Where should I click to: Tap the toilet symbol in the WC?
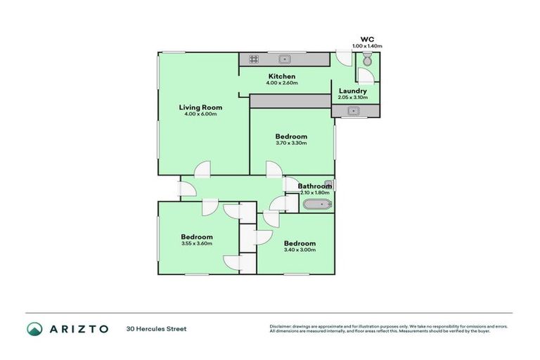tap(367, 62)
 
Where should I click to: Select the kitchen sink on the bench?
tap(285, 59)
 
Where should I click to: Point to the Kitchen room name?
tap(281, 76)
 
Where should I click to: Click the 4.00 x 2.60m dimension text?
tap(281, 83)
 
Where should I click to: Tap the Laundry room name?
tap(352, 91)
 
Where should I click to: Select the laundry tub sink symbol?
tap(354, 110)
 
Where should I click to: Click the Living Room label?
tap(200, 108)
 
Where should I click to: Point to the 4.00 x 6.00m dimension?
tap(200, 115)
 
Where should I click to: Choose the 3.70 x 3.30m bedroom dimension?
tap(291, 143)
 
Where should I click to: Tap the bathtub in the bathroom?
tap(316, 205)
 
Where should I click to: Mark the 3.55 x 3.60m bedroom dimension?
tap(197, 244)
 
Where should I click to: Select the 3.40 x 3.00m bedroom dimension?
tap(300, 250)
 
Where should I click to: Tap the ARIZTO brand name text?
tap(79, 328)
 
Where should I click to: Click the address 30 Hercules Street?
tap(156, 328)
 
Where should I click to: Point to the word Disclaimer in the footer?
tap(281, 326)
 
